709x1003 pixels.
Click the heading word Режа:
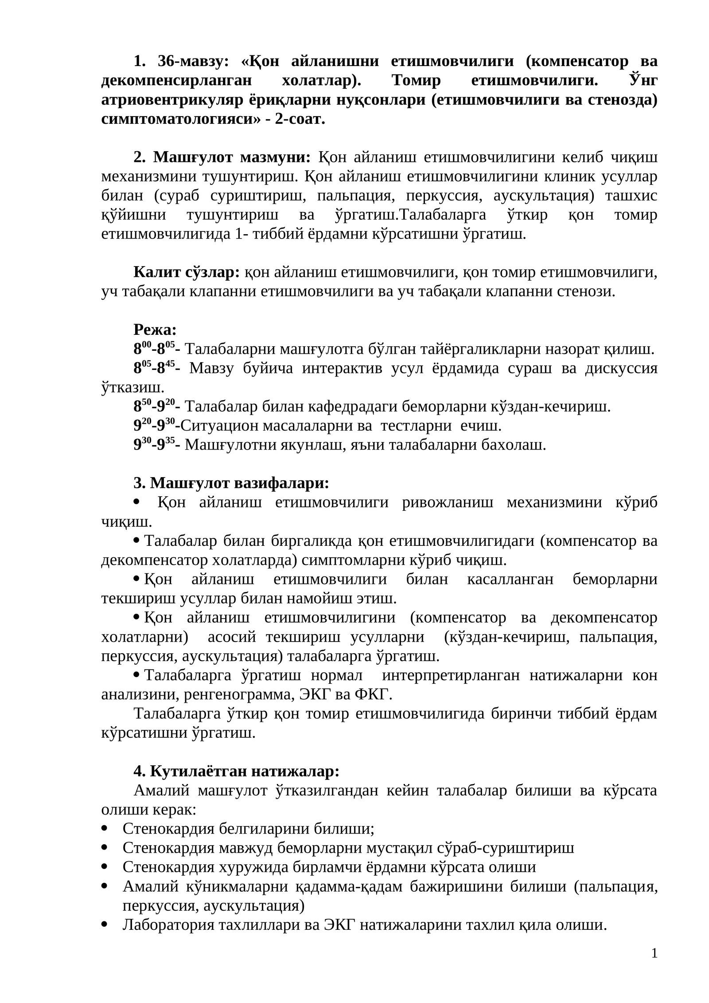[155, 330]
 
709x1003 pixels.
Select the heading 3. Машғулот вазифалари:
[231, 483]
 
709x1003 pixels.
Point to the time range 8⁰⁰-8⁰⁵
[154, 349]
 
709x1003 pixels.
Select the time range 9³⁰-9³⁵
[154, 445]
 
